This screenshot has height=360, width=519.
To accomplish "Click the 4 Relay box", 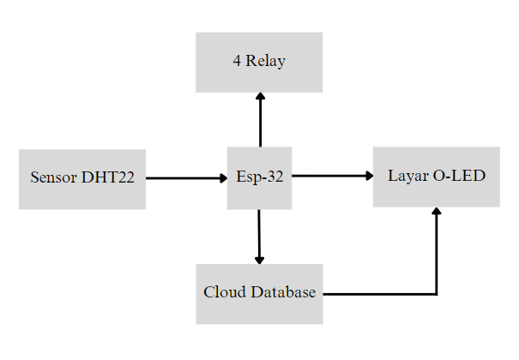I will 259,62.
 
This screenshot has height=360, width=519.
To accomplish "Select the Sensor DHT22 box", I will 82,178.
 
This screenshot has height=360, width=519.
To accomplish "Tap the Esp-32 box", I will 259,177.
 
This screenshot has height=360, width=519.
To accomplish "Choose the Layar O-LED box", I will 436,177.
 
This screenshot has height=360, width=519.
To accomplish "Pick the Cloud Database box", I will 259,293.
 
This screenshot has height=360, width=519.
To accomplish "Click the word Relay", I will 266,62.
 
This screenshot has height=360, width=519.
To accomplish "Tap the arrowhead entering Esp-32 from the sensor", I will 222,178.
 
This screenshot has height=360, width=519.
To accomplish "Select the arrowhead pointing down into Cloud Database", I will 259,260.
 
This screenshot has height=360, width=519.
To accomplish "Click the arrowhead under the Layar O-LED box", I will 437,212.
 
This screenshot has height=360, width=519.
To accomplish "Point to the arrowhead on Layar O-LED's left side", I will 369,176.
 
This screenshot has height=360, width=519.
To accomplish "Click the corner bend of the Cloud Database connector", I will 437,294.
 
